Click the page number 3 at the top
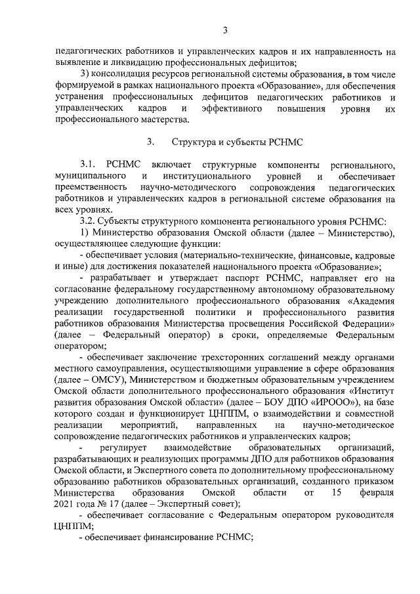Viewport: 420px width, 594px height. point(225,30)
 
